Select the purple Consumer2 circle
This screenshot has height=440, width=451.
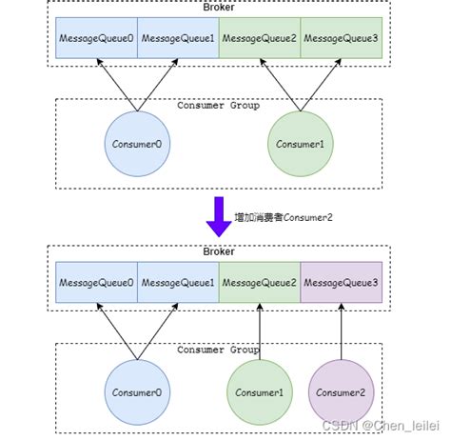(x=340, y=391)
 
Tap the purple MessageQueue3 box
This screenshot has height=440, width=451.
(x=342, y=283)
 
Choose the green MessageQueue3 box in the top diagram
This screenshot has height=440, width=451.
(x=342, y=37)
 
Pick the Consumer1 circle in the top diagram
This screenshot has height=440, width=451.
(x=301, y=144)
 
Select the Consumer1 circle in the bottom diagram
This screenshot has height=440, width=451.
(x=259, y=391)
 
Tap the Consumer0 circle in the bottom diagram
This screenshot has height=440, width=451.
(x=137, y=391)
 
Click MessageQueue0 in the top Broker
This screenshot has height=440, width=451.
(x=96, y=37)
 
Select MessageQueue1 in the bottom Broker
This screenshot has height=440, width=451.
(x=178, y=283)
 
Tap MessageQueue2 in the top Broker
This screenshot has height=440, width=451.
(x=260, y=37)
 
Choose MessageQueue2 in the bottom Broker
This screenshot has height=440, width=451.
(x=260, y=283)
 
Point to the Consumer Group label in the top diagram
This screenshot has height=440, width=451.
(x=218, y=106)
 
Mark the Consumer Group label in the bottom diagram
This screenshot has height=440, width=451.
(x=218, y=350)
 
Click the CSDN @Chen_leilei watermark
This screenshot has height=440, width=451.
(x=385, y=428)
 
